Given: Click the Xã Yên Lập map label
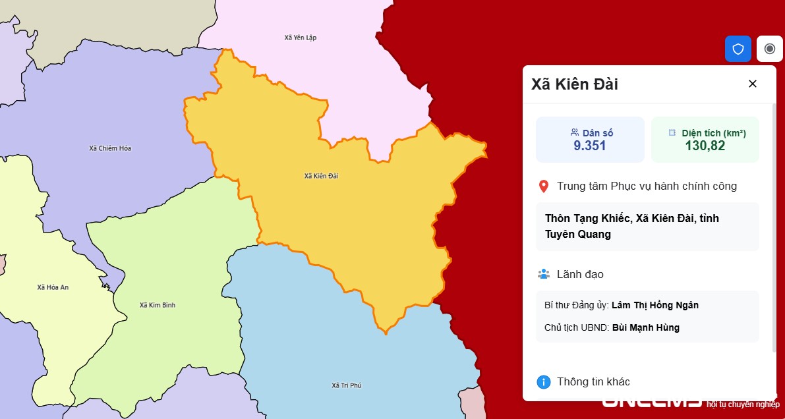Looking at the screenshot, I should click(301, 38).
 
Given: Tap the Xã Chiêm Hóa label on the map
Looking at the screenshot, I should click(110, 148).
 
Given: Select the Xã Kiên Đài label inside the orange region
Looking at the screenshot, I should click(321, 176).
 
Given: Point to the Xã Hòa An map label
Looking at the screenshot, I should click(53, 287).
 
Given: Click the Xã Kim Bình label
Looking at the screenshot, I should click(158, 305).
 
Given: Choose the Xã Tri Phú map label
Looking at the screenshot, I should click(346, 385).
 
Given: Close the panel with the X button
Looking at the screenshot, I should click(753, 84).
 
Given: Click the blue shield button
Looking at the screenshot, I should click(738, 49).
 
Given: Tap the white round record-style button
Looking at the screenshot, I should click(770, 49).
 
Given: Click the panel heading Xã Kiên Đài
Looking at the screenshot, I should click(575, 84).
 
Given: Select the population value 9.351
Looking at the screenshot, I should click(590, 146).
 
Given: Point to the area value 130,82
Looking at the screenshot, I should click(705, 146).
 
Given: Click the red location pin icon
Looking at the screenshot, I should click(544, 186).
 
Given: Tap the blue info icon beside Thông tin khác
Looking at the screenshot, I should click(544, 382).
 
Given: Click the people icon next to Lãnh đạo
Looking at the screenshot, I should click(544, 274).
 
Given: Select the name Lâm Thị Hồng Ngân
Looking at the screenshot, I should click(655, 305).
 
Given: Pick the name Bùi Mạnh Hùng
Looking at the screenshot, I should click(646, 327).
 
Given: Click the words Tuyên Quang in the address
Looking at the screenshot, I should click(578, 234).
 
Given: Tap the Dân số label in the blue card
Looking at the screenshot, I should click(597, 132).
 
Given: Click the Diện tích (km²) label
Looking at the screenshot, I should click(713, 132).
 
